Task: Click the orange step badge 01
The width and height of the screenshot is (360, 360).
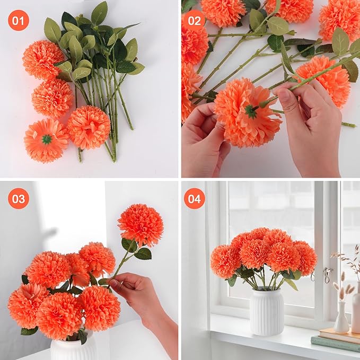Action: [x=19, y=21]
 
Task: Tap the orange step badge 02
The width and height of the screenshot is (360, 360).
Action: [x=195, y=21]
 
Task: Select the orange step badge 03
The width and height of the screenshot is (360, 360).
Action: [x=19, y=199]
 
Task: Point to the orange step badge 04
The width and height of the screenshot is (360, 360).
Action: [x=195, y=199]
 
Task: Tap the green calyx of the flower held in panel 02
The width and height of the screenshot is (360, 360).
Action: [x=250, y=111]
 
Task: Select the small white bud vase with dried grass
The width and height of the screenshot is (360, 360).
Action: [x=341, y=318]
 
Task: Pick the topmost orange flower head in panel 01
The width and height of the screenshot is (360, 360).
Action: [x=43, y=59]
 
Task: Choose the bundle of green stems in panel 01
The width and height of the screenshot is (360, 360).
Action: [x=106, y=101]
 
